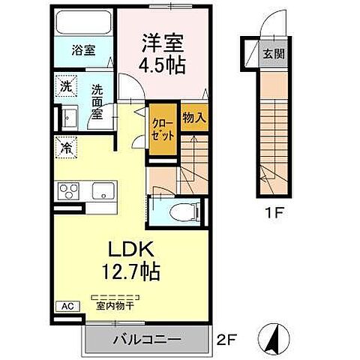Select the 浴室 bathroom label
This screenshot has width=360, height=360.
click(84, 51)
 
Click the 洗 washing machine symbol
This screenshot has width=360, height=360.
click(65, 86)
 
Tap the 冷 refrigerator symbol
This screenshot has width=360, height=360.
click(67, 148)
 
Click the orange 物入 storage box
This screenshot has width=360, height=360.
click(194, 117)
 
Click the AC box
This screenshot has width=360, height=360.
click(65, 306)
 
